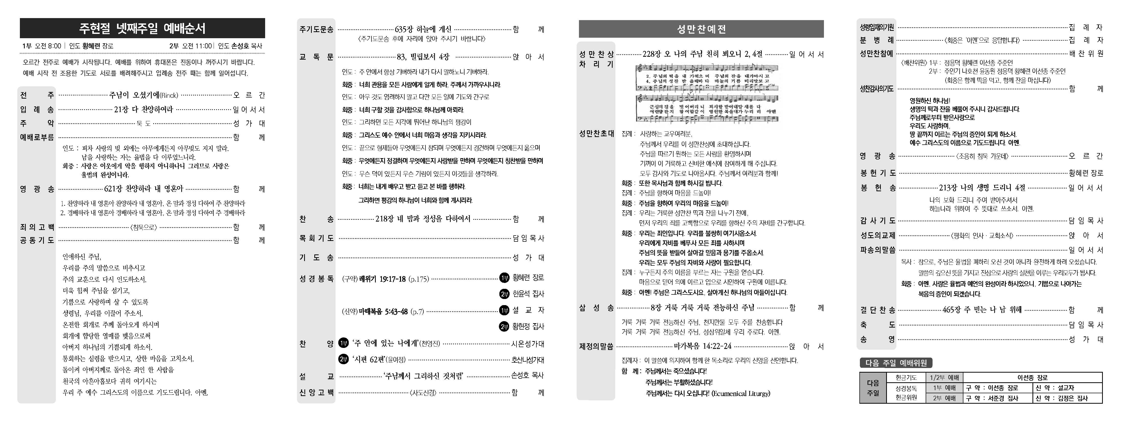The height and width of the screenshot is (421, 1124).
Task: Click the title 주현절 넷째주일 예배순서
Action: pos(142,28)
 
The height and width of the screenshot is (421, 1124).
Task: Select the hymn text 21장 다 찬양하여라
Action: pos(144,110)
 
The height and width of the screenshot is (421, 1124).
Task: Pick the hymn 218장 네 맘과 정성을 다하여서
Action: pos(423,219)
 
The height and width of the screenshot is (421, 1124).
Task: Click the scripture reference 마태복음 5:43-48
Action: pos(383,311)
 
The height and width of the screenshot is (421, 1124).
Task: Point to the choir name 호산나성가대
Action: pos(527,360)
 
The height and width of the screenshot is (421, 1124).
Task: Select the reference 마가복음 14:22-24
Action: pos(703,346)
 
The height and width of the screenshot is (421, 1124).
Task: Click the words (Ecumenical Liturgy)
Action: pos(741,393)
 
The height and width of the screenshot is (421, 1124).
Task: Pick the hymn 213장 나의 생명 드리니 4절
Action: pos(982,188)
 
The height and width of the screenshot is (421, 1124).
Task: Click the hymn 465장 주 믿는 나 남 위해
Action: pos(982,310)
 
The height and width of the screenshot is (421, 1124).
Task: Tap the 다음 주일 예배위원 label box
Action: pos(896,363)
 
